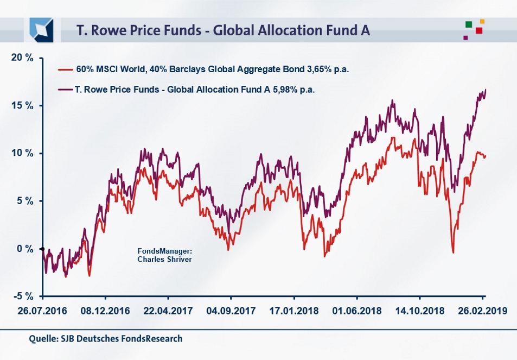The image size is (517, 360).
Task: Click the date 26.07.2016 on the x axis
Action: point(42,312)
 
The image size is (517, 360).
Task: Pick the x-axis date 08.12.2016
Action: point(105,312)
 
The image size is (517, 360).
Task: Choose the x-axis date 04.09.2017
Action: point(231,312)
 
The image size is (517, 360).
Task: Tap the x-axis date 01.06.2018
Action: point(356,312)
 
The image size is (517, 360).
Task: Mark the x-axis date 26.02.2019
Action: point(482,312)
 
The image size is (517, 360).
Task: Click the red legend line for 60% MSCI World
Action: point(65,70)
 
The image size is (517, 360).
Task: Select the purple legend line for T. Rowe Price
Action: point(65,89)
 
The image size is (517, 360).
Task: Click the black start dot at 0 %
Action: point(42,249)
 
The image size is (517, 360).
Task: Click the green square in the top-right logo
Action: point(468,24)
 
